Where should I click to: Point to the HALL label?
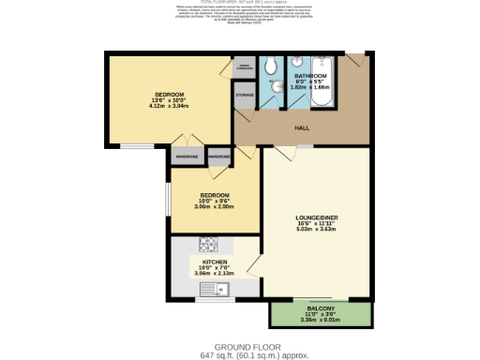coord(303,127)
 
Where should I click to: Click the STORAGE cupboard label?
coord(245,96)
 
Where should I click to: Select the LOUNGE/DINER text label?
coord(309,217)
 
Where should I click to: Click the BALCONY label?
coord(321,308)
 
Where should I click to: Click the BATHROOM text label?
coord(310,75)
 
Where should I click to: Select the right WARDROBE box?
coord(218,157)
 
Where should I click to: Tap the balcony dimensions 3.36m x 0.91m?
coord(321,320)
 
